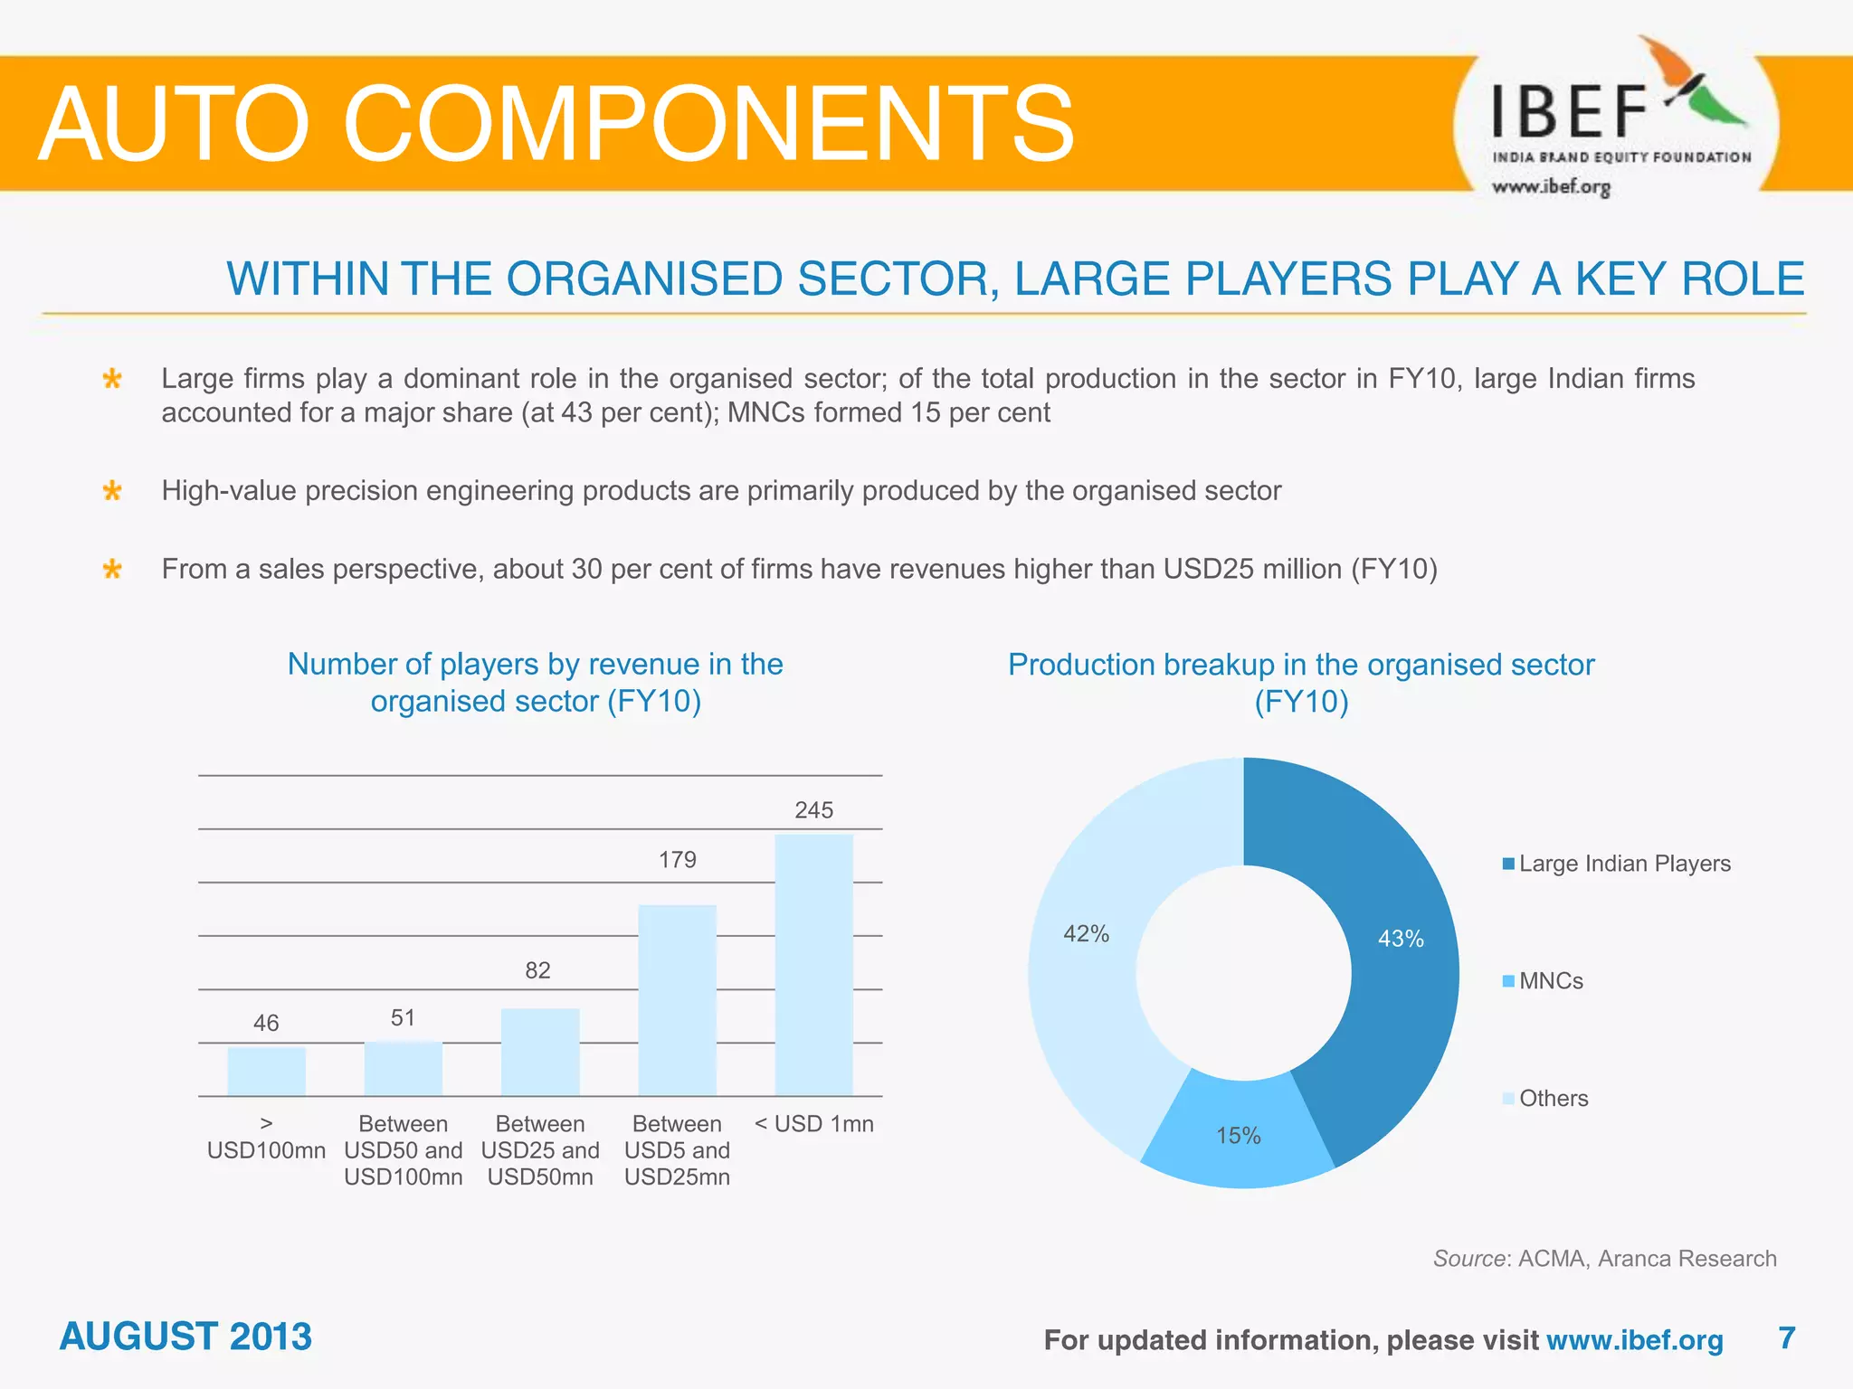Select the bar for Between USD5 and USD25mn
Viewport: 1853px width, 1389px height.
coord(677,999)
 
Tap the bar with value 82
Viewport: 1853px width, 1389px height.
coord(540,1051)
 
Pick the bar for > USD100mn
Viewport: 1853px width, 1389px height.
coord(266,1071)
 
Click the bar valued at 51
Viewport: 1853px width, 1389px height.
coord(404,1068)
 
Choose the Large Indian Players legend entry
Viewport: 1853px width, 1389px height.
coord(1616,864)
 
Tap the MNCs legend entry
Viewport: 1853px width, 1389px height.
coord(1543,981)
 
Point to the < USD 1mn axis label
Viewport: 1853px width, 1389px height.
coord(813,1124)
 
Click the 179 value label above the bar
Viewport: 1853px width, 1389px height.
coord(677,859)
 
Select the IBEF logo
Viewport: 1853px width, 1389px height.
coord(1616,122)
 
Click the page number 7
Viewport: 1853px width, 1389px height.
coord(1786,1337)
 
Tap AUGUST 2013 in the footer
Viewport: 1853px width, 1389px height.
coord(185,1337)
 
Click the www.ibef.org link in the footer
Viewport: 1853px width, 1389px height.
coord(1634,1339)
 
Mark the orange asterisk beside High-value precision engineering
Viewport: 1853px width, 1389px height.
coord(112,492)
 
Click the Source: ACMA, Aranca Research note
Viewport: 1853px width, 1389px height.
coord(1604,1258)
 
